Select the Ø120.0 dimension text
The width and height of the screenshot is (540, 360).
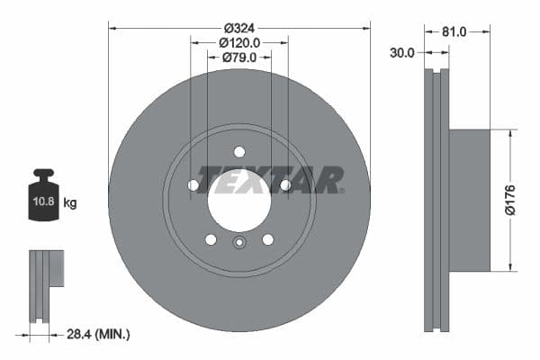pos(238,42)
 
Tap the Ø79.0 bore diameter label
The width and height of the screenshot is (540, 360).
pos(238,58)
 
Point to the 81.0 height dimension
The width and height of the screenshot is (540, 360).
pos(454,31)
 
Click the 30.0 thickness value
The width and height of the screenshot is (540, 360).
pos(402,52)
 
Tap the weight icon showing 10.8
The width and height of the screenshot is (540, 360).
pos(43,192)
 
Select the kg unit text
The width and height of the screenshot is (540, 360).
pos(70,203)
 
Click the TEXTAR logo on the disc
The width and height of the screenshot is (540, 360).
pos(270,179)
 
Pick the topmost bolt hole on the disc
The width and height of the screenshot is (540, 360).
pos(238,151)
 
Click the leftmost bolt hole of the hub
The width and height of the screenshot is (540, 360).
pos(193,185)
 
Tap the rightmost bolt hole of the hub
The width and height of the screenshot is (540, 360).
pos(285,185)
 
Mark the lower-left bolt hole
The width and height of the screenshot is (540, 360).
pos(211,239)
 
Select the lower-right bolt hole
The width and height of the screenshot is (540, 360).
pos(267,239)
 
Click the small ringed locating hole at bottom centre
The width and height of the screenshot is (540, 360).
pos(238,242)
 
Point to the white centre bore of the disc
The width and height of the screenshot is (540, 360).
pos(238,200)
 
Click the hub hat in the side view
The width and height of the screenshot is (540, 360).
pos(469,200)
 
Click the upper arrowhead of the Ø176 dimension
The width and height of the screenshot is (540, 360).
pos(511,133)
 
